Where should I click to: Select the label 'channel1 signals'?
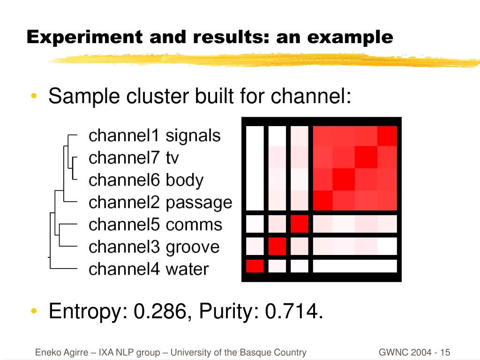154,135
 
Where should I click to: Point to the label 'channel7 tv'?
134,157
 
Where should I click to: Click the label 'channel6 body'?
146,180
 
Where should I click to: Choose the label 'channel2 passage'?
160,202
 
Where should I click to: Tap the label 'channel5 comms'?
155,225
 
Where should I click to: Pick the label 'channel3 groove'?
154,247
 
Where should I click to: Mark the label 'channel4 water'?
149,269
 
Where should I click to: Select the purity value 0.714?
293,311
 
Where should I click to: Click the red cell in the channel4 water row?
255,266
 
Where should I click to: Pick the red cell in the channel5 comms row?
299,224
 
